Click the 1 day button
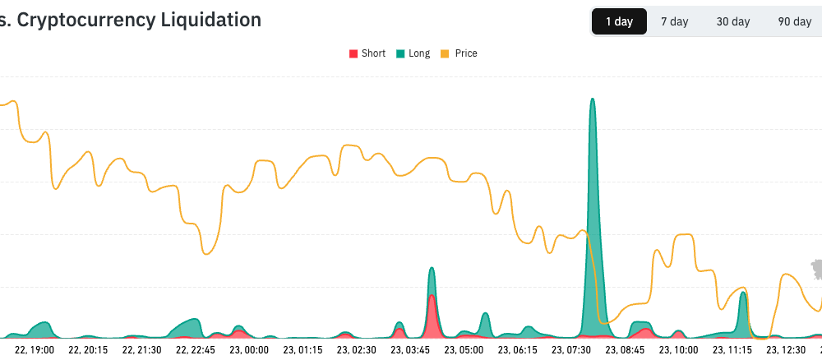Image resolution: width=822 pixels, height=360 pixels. pos(619,21)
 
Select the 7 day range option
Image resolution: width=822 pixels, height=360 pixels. pos(674,21)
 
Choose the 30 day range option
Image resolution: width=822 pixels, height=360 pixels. pos(733,21)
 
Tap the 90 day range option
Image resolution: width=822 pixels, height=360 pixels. pos(794,21)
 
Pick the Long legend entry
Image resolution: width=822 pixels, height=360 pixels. pos(413,53)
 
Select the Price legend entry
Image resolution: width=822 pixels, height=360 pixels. pos(459,53)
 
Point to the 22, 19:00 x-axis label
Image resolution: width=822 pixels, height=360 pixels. pos(35,350)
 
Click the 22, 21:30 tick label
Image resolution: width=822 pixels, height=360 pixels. pos(141,350)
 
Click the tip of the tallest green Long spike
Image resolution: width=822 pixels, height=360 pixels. pos(592,99)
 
